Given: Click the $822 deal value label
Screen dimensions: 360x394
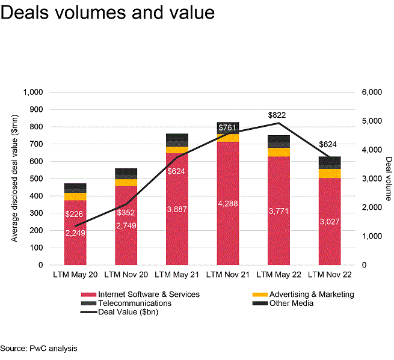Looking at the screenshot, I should (277, 115).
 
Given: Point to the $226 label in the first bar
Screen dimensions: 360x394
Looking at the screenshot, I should (75, 213).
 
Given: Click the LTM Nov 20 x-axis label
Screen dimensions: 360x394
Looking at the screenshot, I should (126, 275).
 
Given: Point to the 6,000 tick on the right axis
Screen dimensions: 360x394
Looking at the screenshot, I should (372, 93).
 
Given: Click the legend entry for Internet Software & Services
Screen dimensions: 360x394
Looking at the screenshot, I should (145, 294).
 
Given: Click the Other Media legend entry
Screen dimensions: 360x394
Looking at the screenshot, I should (292, 304).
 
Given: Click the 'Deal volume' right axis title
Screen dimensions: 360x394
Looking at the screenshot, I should (388, 178).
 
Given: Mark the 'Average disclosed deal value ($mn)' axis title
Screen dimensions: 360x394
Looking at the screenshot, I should (13, 178).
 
